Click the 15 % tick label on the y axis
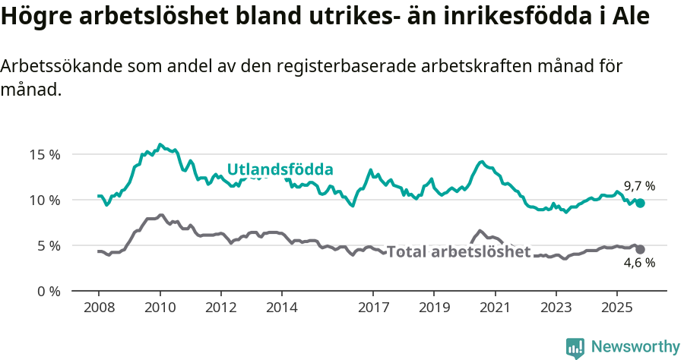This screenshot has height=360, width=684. (44, 154)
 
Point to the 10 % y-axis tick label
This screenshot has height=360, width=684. (44, 200)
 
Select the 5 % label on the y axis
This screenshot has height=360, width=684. (48, 245)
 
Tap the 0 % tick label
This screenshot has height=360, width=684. (48, 291)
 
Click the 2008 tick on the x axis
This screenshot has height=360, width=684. (99, 308)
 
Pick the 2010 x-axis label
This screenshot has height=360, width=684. (160, 308)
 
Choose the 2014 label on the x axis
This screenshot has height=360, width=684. (281, 308)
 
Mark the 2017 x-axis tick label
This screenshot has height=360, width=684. (372, 308)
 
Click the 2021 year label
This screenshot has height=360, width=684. (495, 308)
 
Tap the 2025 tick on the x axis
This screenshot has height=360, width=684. (616, 308)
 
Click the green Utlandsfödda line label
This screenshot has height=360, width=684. (280, 169)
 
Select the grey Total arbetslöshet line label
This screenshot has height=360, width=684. (458, 251)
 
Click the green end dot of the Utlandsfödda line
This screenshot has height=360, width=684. (641, 203)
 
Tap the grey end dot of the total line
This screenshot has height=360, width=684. (641, 249)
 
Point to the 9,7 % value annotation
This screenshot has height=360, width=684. (639, 186)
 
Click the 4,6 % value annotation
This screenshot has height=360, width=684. (639, 264)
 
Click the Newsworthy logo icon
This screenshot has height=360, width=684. (575, 348)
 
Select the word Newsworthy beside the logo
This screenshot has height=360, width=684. (635, 347)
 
